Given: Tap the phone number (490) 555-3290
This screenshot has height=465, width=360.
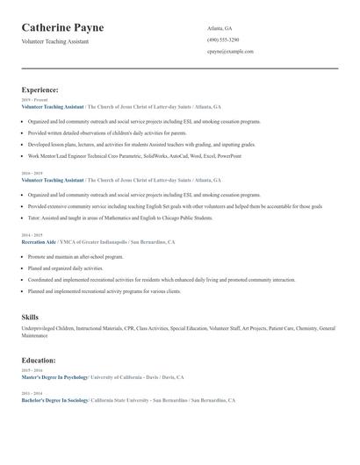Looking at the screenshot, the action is pos(223,39).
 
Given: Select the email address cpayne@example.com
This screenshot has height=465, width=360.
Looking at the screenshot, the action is pos(230,52).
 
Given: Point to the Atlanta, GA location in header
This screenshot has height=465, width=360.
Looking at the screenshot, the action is pos(220,28).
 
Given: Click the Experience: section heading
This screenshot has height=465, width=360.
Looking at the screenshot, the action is pos(40,89).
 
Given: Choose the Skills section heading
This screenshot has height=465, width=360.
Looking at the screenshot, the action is pos(30,316).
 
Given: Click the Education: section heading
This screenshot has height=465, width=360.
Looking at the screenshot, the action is pos(39,360).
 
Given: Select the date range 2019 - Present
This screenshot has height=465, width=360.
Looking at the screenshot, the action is pos(35,100).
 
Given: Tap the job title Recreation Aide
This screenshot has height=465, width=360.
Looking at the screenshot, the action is pos(39,241).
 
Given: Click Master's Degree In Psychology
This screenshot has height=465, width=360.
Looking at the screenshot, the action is pos(54,377).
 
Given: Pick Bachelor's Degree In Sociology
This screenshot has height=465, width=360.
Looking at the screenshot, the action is pos(54,399).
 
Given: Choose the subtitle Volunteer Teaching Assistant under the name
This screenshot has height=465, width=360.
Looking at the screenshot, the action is pos(55,41).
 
